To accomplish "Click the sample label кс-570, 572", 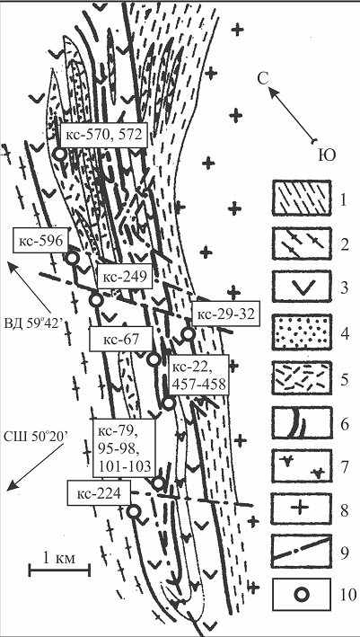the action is coord(103,136).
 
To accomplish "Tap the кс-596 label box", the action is coord(40,242).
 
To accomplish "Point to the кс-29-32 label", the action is coord(225,314).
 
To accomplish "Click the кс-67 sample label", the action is coord(121,339).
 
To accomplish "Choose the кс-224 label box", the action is coord(99,492).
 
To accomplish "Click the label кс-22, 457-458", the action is coord(199,375).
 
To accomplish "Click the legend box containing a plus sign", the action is coord(301,509).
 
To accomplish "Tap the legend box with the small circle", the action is coord(301,595).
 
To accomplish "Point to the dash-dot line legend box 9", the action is coord(301,551).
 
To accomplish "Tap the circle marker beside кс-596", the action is coord(72,258).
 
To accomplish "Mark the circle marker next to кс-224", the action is coord(134,512).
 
